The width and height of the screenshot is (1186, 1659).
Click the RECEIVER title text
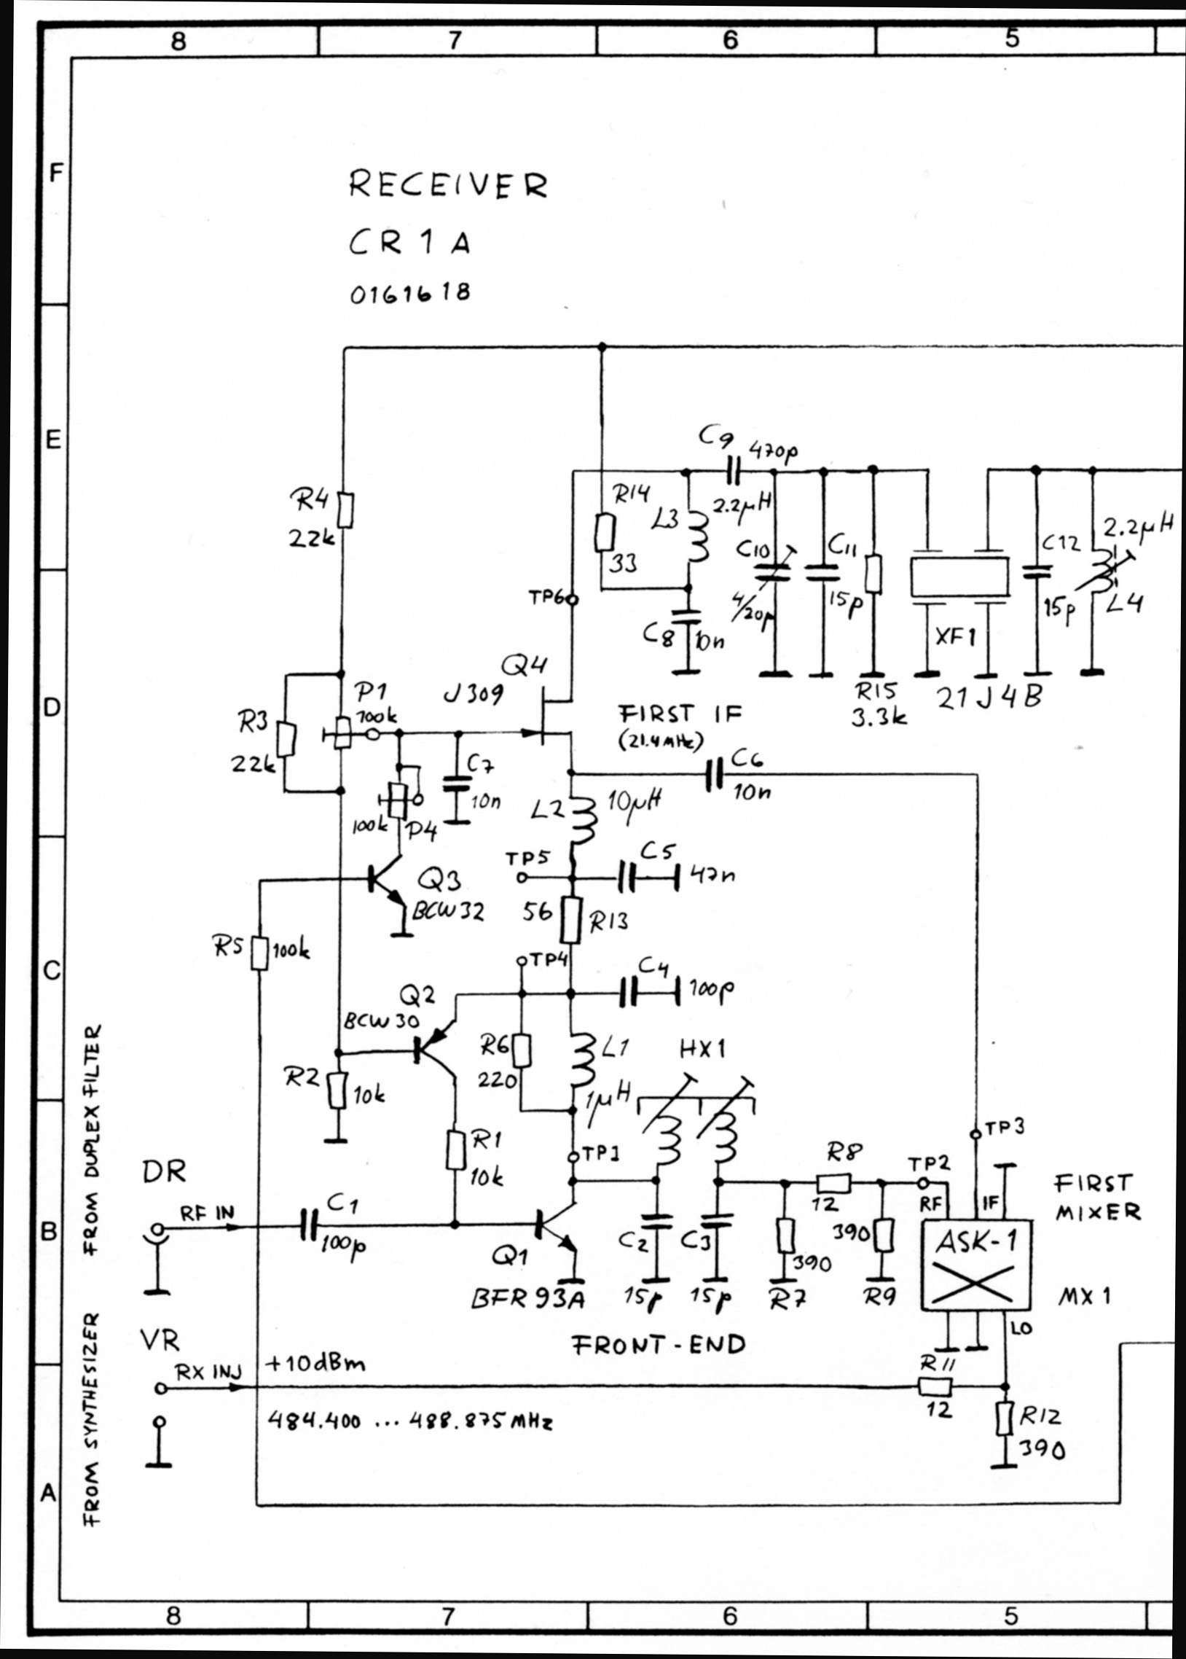pos(447,185)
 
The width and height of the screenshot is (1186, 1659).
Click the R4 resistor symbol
pos(347,510)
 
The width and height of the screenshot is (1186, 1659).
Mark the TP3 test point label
pos(1004,1127)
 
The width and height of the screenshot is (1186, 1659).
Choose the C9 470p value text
pos(774,450)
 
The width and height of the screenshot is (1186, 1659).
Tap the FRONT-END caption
pos(658,1344)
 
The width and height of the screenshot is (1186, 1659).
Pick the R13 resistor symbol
pos(572,923)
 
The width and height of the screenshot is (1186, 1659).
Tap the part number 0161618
pos(409,294)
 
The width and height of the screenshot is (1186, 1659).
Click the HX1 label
pos(702,1049)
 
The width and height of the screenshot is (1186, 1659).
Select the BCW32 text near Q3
pos(447,911)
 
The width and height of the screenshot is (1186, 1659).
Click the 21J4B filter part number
pos(989,699)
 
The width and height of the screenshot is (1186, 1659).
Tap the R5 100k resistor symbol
pos(259,953)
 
